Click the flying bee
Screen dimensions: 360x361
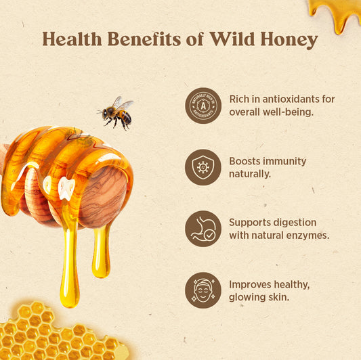pos(116,112)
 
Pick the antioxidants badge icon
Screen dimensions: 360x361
pos(203,105)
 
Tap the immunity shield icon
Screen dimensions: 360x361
pos(203,167)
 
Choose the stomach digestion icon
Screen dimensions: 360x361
pos(203,229)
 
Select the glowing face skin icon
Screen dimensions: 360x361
pos(203,290)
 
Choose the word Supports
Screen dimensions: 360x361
pos(251,222)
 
